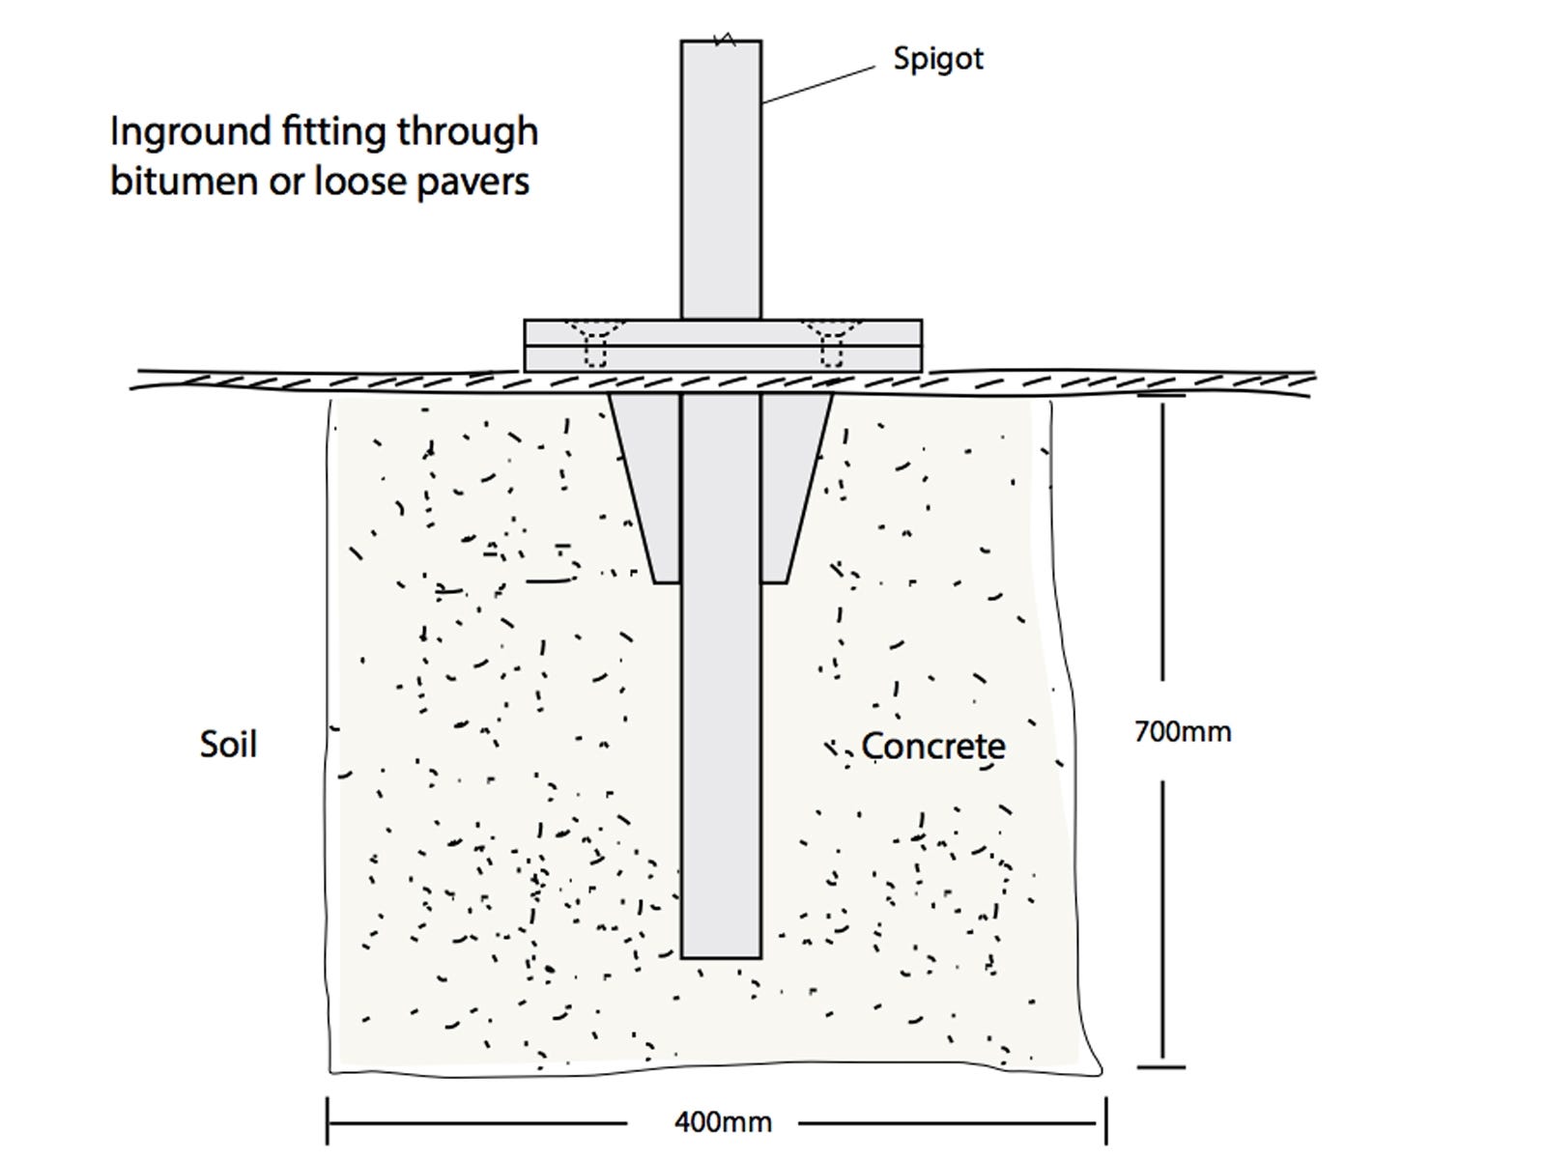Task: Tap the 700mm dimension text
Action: click(x=1183, y=732)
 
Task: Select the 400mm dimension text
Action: click(x=724, y=1121)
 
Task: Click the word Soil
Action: click(x=228, y=744)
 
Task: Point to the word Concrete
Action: click(x=933, y=746)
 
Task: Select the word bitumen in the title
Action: click(x=184, y=181)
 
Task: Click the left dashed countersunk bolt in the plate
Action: click(x=595, y=344)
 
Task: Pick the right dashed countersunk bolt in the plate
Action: click(x=832, y=344)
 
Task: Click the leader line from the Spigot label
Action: click(x=819, y=85)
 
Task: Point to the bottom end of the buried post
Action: click(x=721, y=958)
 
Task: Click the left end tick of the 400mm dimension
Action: click(x=328, y=1121)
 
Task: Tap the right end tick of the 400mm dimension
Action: click(x=1105, y=1121)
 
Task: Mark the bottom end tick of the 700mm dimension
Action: click(x=1161, y=1067)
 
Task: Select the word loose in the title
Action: click(x=359, y=181)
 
